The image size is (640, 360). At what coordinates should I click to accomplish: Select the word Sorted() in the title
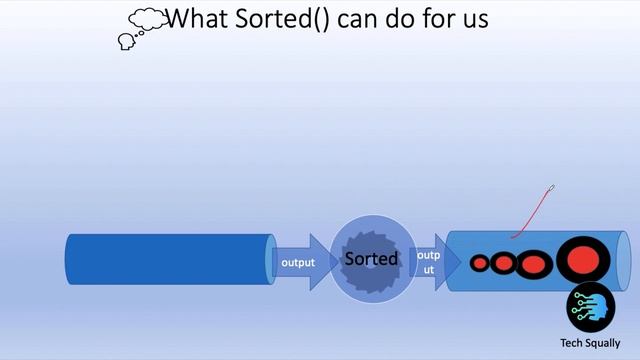tap(283, 18)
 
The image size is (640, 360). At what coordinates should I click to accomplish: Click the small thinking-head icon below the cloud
tap(127, 41)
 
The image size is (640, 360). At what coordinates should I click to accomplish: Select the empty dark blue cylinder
tap(168, 260)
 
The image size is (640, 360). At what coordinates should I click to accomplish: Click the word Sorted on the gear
tap(371, 259)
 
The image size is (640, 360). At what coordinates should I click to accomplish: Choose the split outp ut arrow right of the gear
tap(428, 262)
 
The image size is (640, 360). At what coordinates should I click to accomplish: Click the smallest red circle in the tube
tap(480, 264)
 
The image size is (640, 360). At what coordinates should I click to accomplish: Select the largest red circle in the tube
tap(582, 260)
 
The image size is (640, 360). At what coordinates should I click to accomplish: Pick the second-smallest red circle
tap(503, 264)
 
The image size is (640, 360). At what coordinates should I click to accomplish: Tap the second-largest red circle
tap(534, 264)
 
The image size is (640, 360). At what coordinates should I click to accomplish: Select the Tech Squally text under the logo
tap(591, 342)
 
